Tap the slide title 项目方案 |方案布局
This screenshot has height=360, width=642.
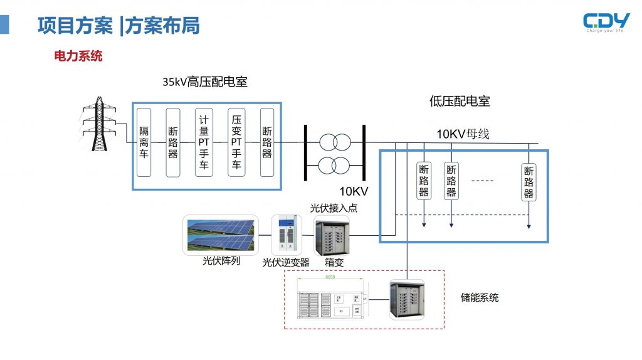tap(118, 25)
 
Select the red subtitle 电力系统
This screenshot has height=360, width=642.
tap(78, 56)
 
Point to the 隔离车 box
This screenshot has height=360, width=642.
tap(144, 142)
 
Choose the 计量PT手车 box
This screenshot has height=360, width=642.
tap(204, 142)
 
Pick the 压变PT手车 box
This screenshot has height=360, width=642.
tap(236, 142)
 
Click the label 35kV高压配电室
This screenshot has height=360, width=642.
tap(205, 82)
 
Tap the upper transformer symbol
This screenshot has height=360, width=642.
tap(334, 142)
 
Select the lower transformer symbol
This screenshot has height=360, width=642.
tap(334, 166)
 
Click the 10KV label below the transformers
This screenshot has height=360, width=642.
tap(354, 191)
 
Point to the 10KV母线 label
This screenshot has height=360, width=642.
tap(463, 134)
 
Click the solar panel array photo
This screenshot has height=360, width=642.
tap(221, 235)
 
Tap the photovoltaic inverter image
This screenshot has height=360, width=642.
tap(287, 235)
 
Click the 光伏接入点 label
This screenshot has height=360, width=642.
tap(334, 208)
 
